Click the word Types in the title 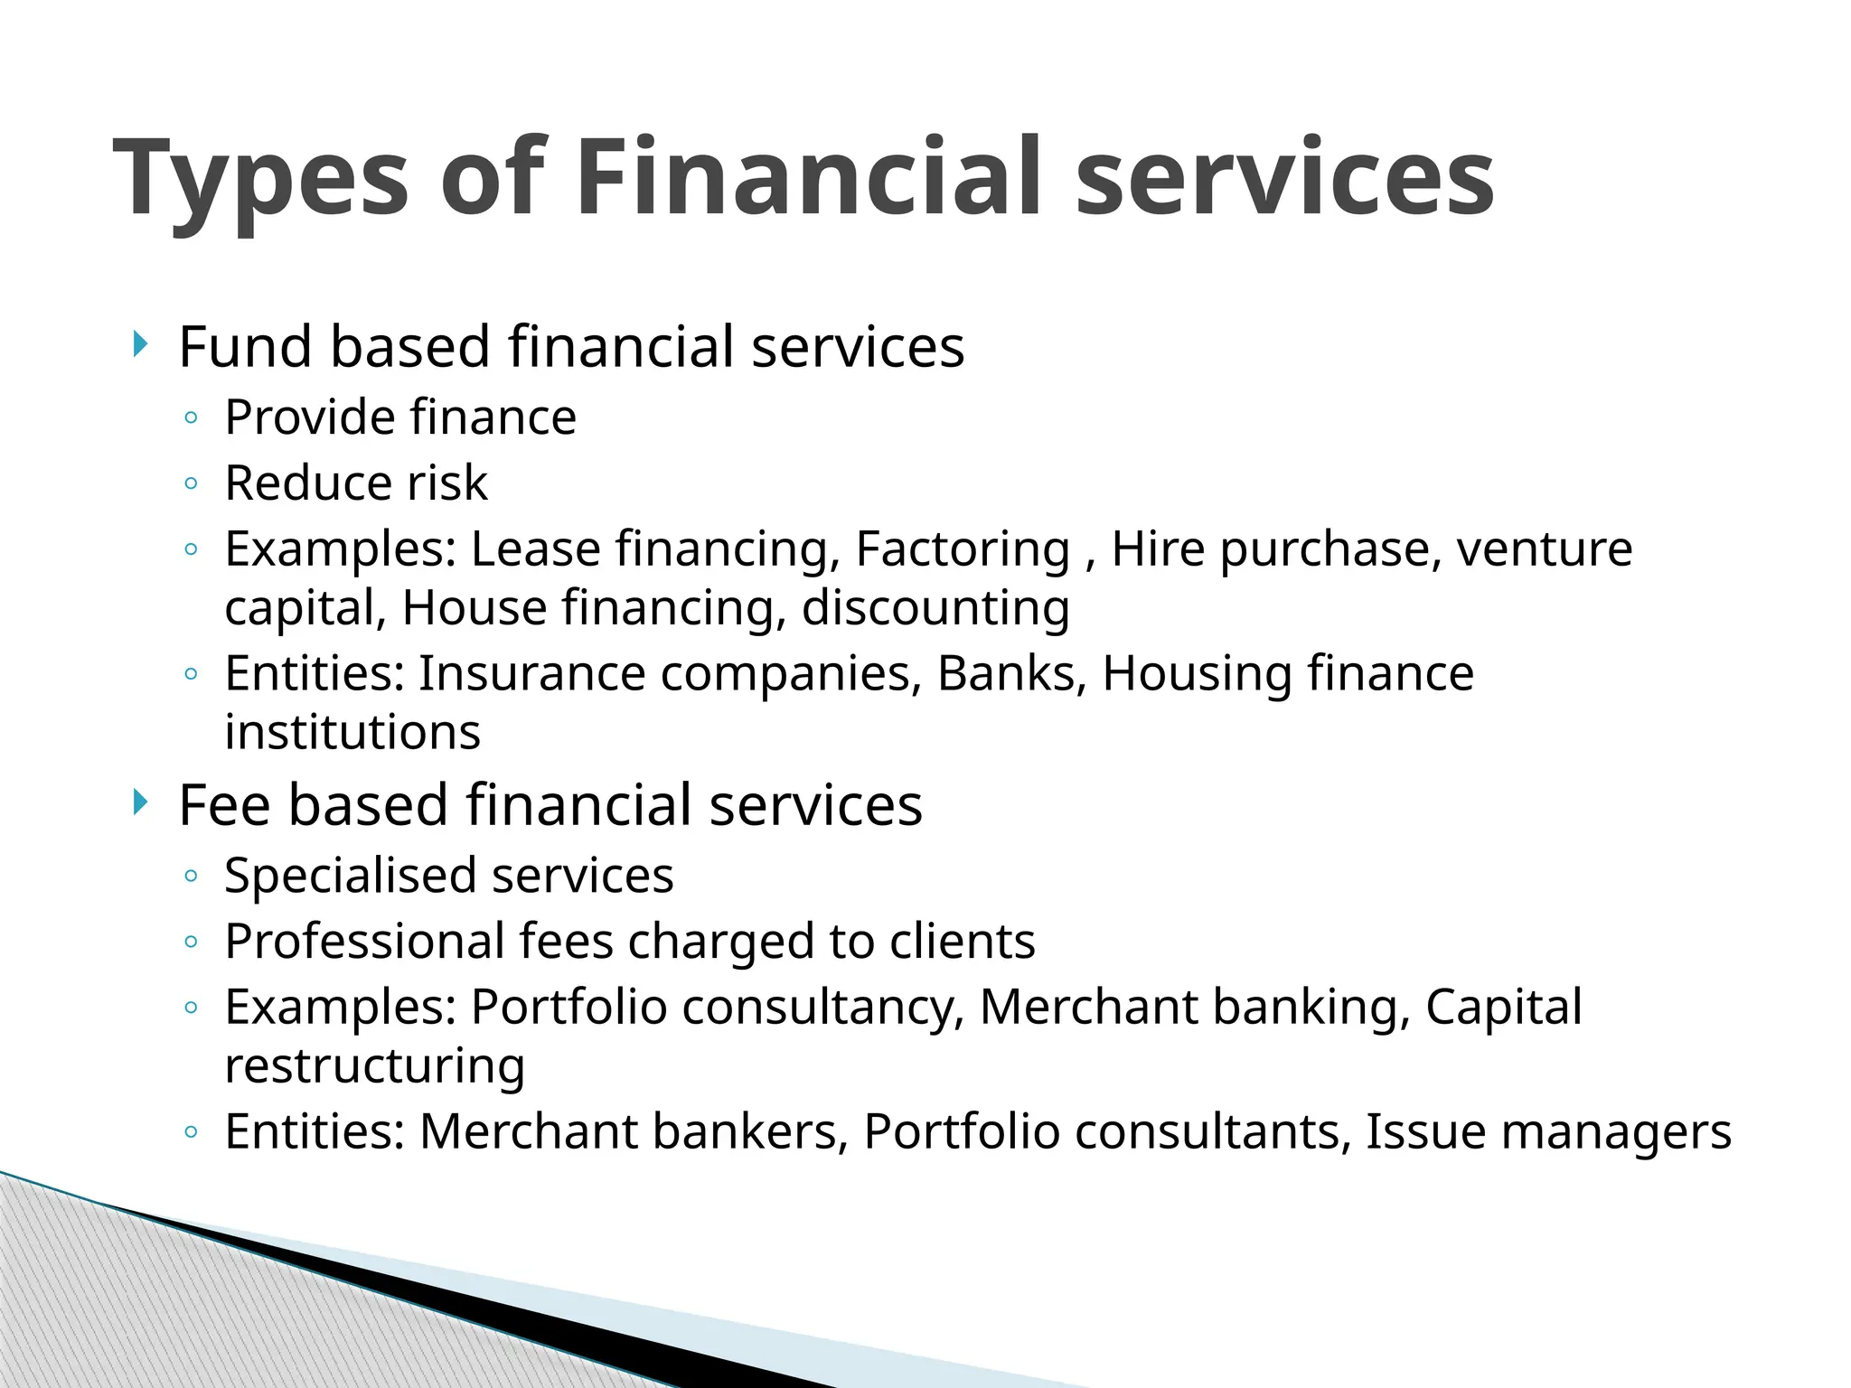[x=262, y=178]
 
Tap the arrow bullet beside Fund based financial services [x=138, y=343]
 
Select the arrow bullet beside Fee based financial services [x=138, y=802]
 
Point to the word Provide [x=310, y=418]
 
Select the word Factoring [x=962, y=549]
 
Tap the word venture [x=1545, y=549]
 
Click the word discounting [x=935, y=607]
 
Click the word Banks [x=1011, y=673]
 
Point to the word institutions [x=352, y=732]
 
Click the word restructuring [x=374, y=1065]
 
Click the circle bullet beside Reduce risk [x=190, y=484]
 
